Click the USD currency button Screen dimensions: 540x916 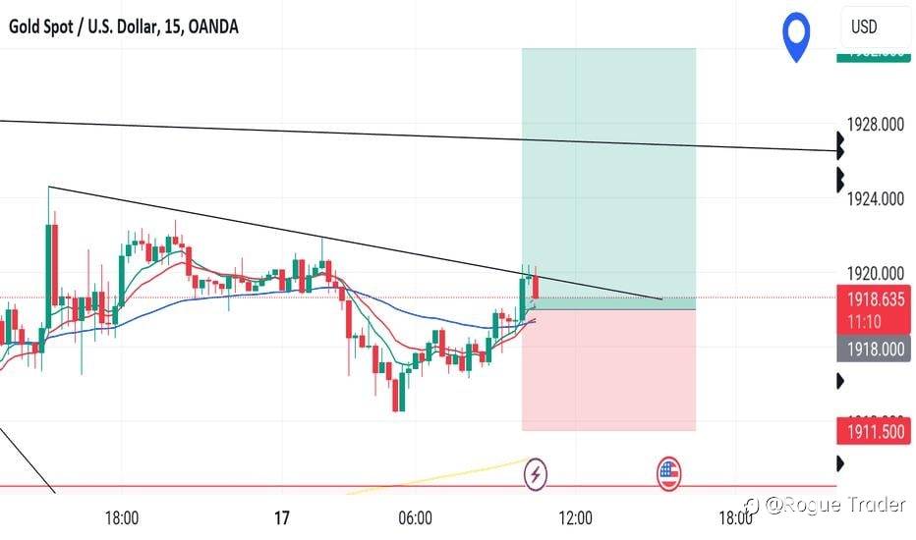click(x=865, y=27)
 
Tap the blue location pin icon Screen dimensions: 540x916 click(x=796, y=36)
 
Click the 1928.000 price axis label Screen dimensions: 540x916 click(x=876, y=125)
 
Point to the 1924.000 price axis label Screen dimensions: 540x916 click(x=876, y=199)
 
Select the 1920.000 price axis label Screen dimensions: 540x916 click(x=876, y=274)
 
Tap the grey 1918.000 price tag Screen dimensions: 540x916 click(x=875, y=347)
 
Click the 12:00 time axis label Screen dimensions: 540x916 click(x=576, y=516)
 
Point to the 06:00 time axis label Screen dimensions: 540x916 click(x=416, y=516)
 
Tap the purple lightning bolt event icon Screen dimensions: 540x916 click(x=537, y=475)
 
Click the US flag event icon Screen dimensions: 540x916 click(x=669, y=475)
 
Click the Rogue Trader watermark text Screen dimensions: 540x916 click(x=834, y=505)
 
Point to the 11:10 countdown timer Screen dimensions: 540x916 click(x=875, y=320)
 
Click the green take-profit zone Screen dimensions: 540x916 click(x=608, y=177)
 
